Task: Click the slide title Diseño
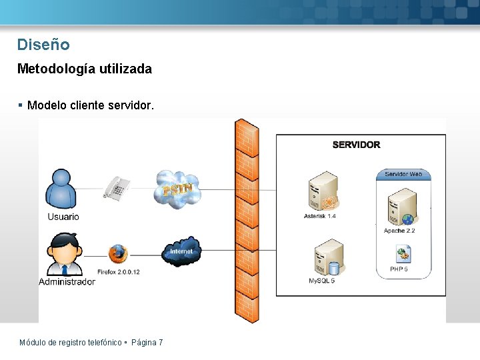pos(43,45)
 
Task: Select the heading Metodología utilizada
pos(84,69)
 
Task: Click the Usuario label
pos(63,217)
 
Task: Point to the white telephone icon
pos(117,187)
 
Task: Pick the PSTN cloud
pos(177,189)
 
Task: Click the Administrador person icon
pos(65,254)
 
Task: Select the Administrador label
pos(67,281)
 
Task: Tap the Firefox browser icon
pos(118,253)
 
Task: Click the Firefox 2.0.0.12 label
pos(118,272)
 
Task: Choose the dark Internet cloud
pos(181,251)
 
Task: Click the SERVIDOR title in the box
pos(356,145)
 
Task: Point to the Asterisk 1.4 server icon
pos(323,192)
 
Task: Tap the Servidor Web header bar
pos(403,174)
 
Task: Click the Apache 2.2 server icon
pos(402,207)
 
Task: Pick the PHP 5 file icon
pos(403,254)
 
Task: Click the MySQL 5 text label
pos(321,281)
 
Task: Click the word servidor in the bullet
pos(131,105)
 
